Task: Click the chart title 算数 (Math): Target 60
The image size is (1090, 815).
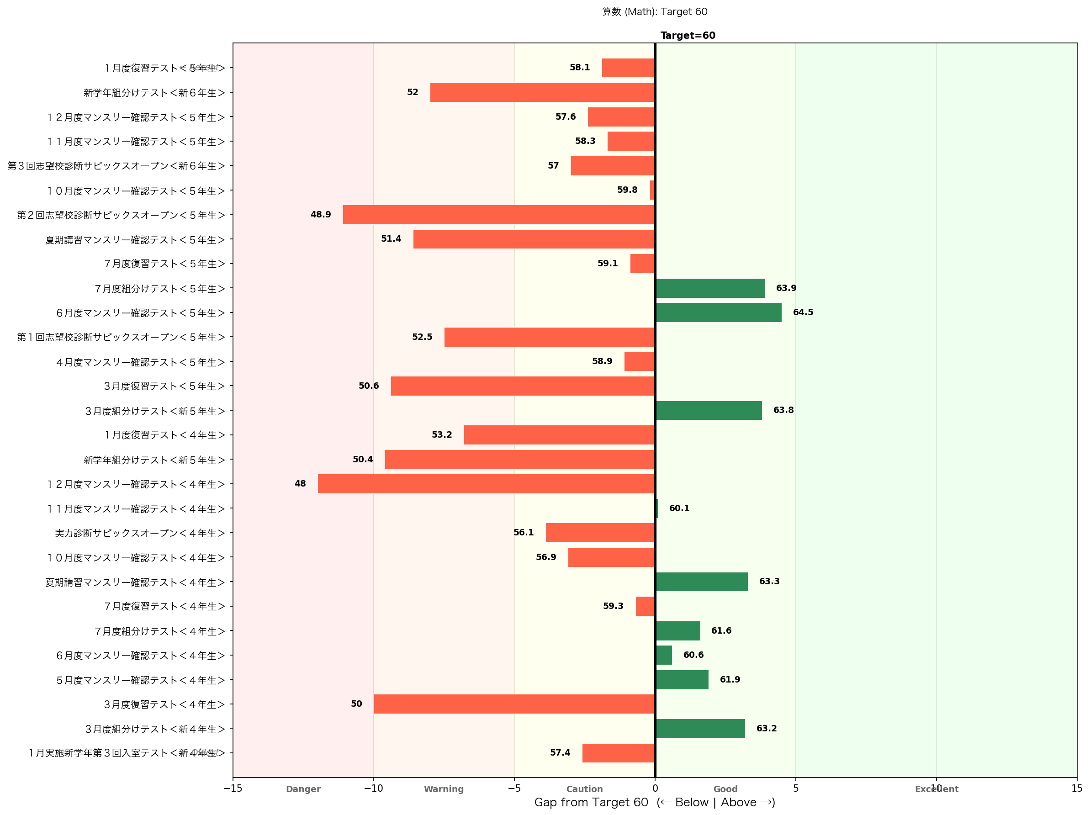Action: click(654, 12)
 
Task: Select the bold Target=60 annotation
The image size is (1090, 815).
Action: click(688, 36)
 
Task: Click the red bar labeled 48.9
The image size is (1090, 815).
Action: click(499, 215)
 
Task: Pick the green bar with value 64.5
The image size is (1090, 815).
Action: click(719, 312)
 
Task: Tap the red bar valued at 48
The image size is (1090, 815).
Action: click(486, 484)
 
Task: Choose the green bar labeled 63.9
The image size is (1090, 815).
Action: click(710, 288)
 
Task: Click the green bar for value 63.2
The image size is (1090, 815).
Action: click(700, 728)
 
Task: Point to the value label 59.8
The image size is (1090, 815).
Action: click(627, 190)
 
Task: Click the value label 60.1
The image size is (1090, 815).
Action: click(679, 508)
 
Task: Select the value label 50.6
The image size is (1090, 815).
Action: click(369, 386)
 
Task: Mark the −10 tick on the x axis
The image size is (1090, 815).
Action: click(374, 789)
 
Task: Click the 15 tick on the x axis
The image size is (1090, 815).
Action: click(1076, 789)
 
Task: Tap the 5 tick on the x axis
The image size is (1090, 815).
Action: click(795, 789)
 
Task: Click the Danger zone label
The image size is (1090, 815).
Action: click(303, 789)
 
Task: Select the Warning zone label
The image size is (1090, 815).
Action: click(444, 789)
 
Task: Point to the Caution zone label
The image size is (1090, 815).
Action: click(584, 789)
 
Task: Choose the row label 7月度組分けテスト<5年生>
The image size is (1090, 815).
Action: click(159, 289)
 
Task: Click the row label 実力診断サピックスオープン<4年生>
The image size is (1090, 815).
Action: click(140, 533)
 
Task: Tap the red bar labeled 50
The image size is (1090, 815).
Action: click(514, 704)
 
